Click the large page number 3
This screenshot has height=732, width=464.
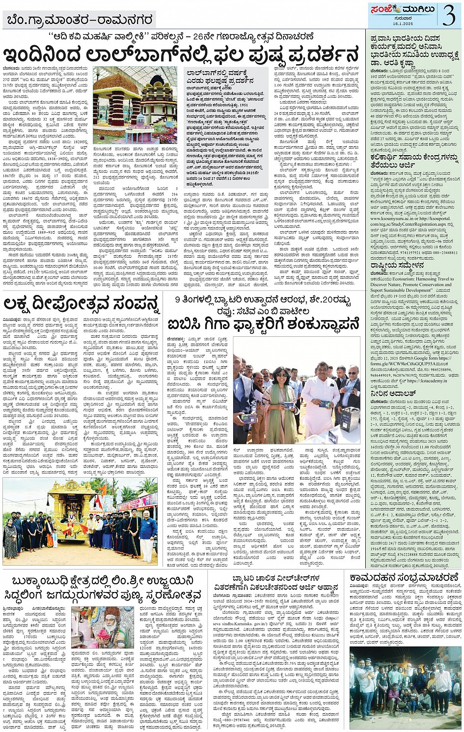[448, 15]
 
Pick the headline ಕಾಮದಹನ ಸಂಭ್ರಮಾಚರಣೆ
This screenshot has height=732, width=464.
[405, 577]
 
